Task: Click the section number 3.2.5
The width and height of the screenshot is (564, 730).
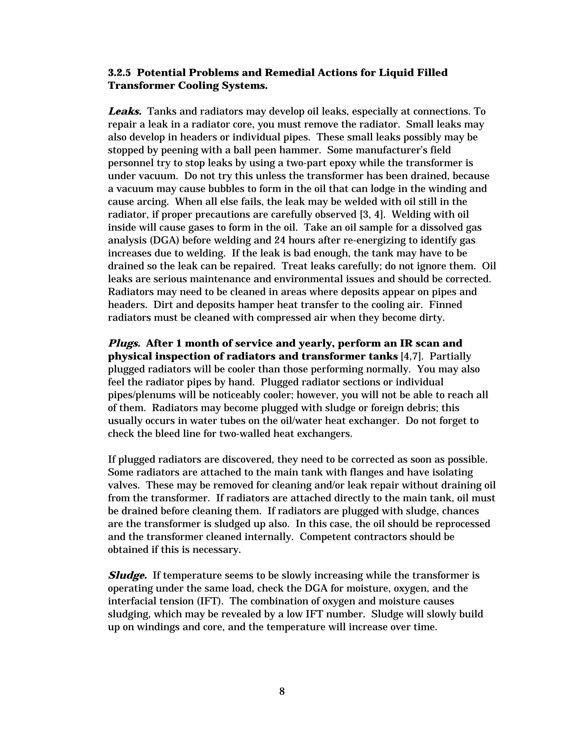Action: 119,72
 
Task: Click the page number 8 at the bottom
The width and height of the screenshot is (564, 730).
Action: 282,691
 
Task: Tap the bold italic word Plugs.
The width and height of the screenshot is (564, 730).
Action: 124,343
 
